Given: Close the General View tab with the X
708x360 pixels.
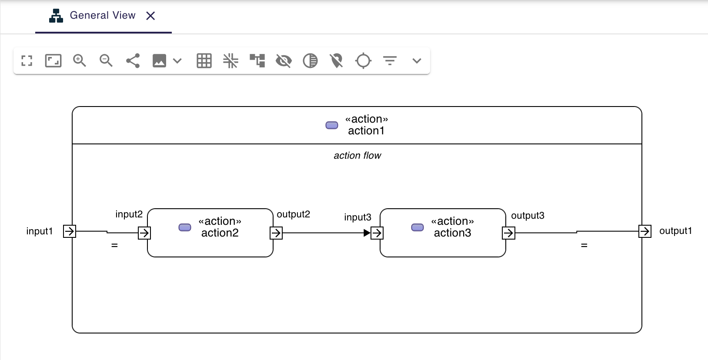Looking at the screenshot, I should click(150, 16).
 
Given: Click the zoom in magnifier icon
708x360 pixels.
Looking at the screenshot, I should click(80, 60).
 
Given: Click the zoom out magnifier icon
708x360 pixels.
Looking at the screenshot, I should click(106, 60).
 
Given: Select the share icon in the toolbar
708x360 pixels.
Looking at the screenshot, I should click(133, 60).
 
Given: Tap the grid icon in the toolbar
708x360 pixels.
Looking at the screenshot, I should click(204, 60).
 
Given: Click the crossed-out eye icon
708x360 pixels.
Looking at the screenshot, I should click(284, 60).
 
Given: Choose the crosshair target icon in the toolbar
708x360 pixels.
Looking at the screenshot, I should click(363, 60).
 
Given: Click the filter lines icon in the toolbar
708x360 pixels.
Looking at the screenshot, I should click(390, 60).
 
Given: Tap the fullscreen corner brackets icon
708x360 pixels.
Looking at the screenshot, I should click(27, 60).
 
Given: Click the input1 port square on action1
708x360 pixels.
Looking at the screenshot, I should click(70, 231).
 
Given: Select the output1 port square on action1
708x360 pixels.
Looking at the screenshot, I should click(645, 231).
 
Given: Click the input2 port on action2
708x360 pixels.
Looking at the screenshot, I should click(144, 233).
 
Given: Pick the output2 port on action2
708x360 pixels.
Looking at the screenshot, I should click(276, 233).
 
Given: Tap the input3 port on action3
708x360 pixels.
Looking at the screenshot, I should click(377, 233).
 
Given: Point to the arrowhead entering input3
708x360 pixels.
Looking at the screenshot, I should click(367, 233).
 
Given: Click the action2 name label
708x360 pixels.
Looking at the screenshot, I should click(220, 233).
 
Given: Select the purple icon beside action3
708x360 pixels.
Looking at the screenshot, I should click(417, 227).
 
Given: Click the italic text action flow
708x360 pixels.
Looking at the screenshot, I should click(357, 156).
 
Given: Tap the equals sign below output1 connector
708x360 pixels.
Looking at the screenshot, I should click(584, 246).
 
